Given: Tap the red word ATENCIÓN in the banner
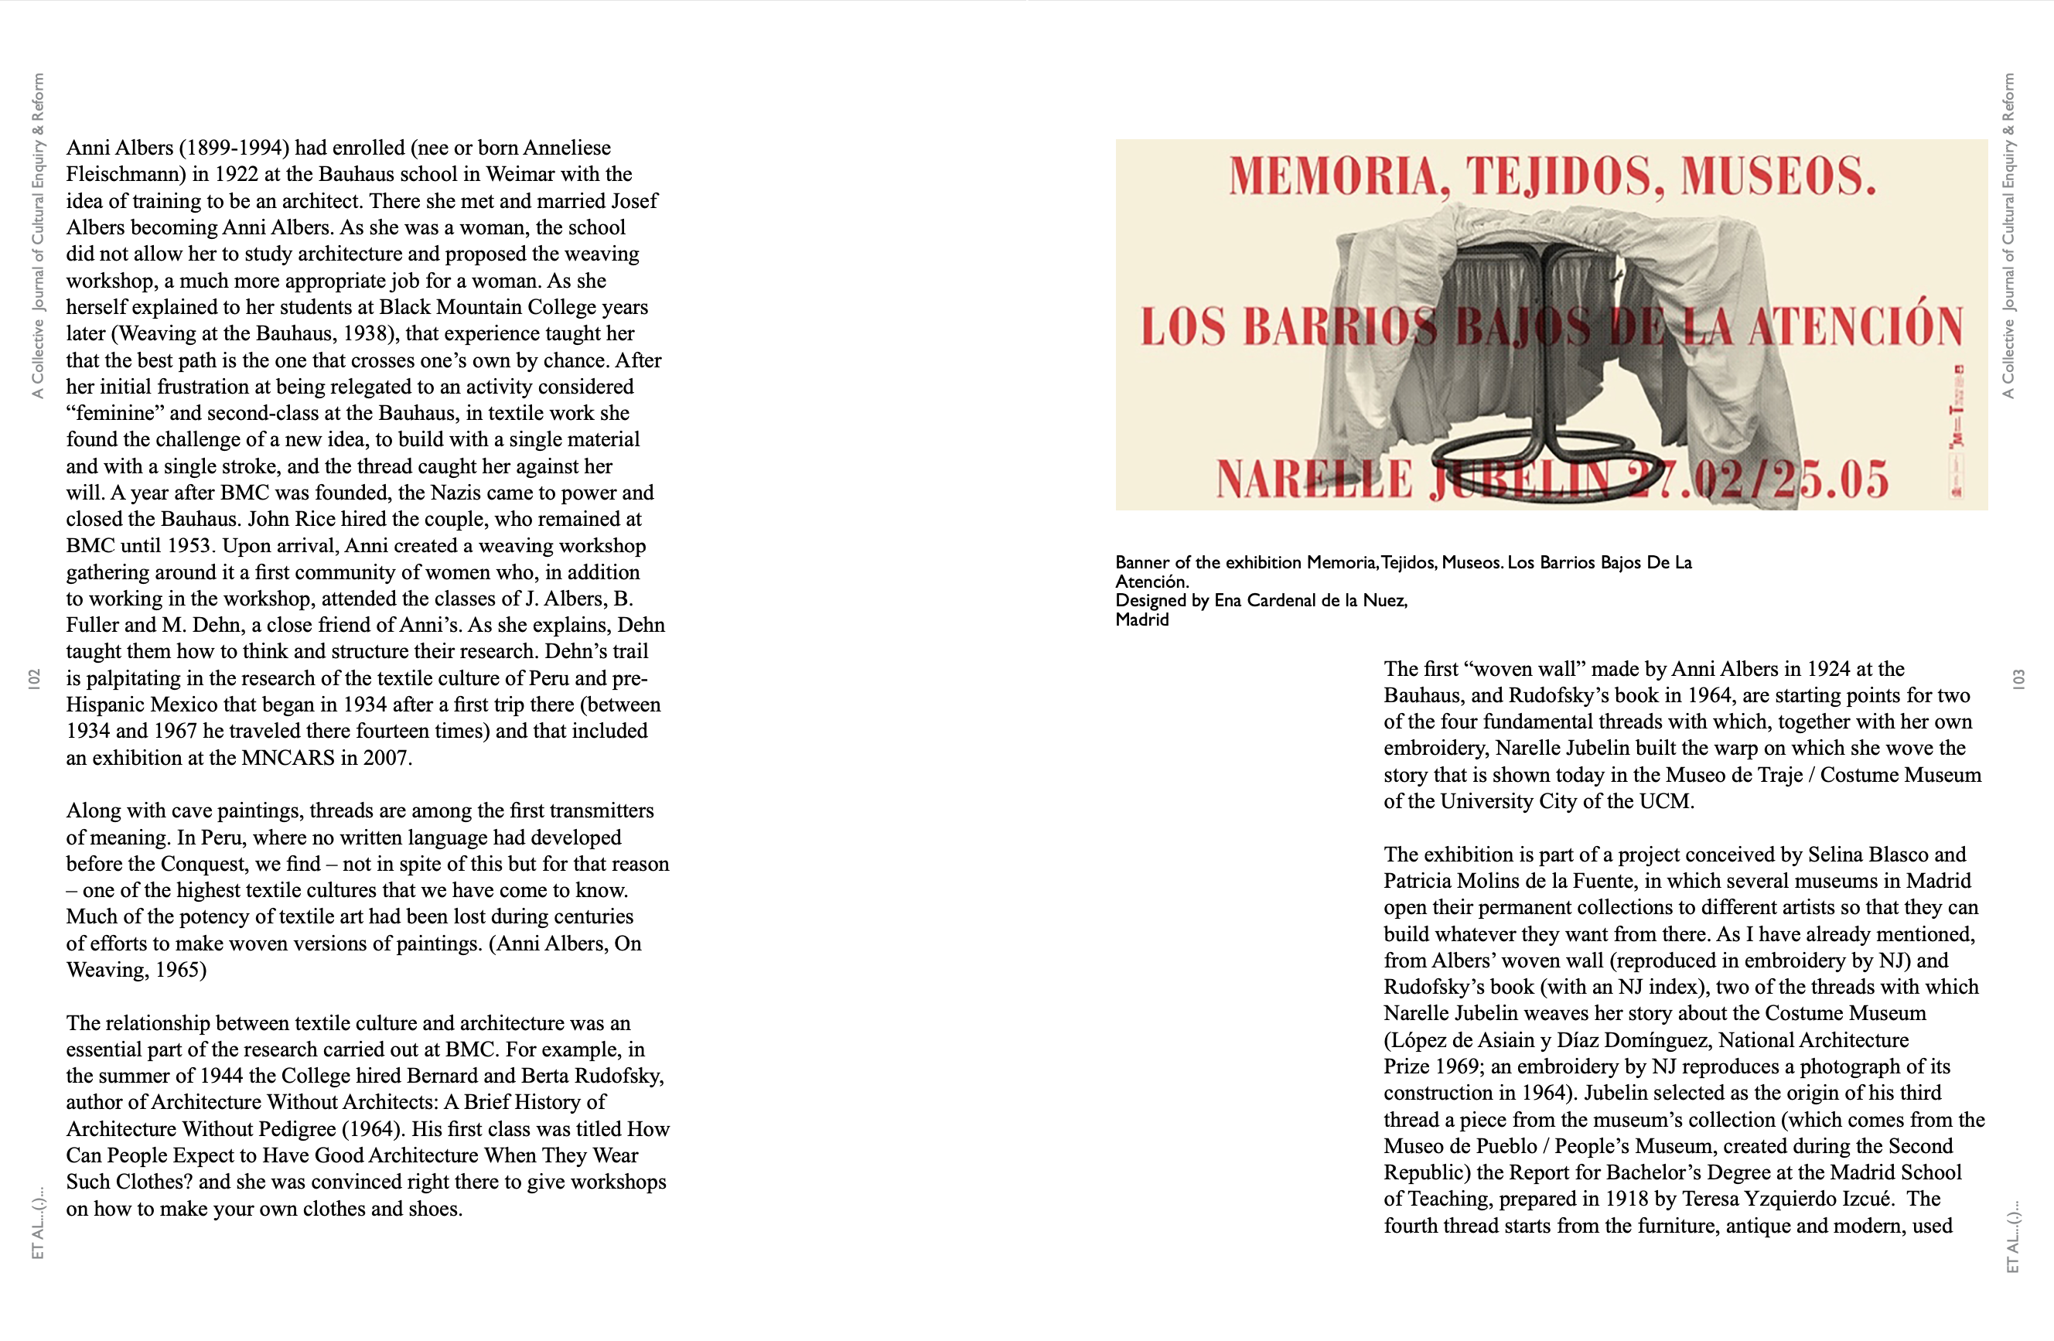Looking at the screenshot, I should tap(1855, 327).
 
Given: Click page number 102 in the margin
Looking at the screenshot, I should tap(35, 678).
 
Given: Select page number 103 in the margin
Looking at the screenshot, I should tap(2018, 678).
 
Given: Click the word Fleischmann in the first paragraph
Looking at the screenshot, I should tap(126, 174).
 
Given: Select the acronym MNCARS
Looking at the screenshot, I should tap(288, 758).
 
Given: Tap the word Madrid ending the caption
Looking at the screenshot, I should tap(1141, 619).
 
